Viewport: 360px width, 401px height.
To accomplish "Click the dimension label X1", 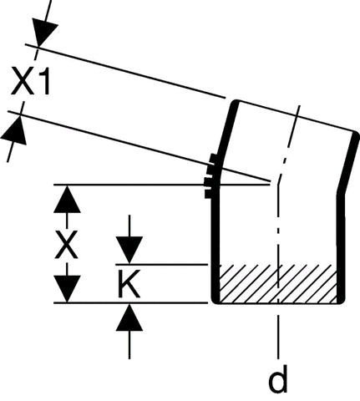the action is (x=30, y=81).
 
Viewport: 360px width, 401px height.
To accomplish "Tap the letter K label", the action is (x=129, y=284).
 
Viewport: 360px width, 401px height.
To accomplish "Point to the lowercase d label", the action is (x=277, y=378).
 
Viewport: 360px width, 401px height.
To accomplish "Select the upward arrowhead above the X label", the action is (x=67, y=200).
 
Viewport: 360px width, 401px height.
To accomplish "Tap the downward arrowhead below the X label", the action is (x=67, y=288).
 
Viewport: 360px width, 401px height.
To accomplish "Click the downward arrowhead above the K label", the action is (x=129, y=250).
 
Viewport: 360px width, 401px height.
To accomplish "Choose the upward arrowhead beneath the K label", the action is (x=129, y=317).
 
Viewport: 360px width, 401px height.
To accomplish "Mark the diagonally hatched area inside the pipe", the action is (x=277, y=284).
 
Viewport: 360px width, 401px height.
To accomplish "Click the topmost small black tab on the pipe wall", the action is (x=213, y=158).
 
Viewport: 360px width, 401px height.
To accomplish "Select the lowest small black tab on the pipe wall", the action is (x=209, y=194).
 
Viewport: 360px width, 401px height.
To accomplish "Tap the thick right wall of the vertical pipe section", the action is (x=341, y=248).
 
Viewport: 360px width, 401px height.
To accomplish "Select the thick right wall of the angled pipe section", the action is (x=348, y=162).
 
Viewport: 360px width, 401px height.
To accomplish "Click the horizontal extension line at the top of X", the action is (x=162, y=185).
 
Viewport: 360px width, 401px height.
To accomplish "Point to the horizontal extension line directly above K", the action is (x=162, y=264).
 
